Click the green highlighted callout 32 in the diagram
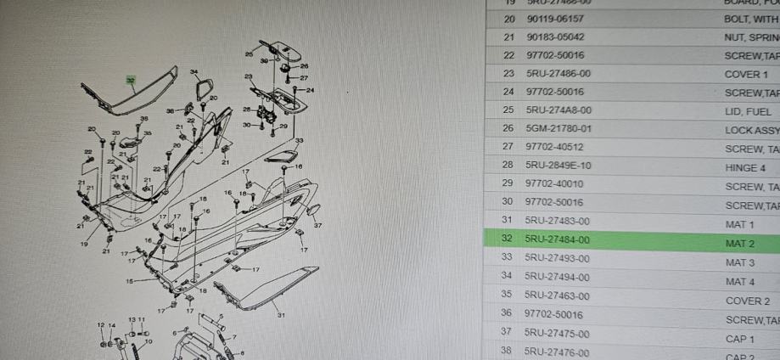pyautogui.click(x=130, y=81)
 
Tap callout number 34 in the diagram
pyautogui.click(x=194, y=72)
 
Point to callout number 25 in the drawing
pyautogui.click(x=248, y=53)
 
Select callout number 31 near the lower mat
pyautogui.click(x=281, y=315)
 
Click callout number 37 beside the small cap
pyautogui.click(x=318, y=226)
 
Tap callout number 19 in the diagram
pyautogui.click(x=84, y=244)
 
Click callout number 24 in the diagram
pyautogui.click(x=311, y=90)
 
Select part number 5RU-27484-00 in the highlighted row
pyautogui.click(x=558, y=240)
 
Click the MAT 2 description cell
pyautogui.click(x=740, y=243)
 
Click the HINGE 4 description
pyautogui.click(x=745, y=167)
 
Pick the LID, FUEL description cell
pyautogui.click(x=748, y=111)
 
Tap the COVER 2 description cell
pyautogui.click(x=747, y=301)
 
